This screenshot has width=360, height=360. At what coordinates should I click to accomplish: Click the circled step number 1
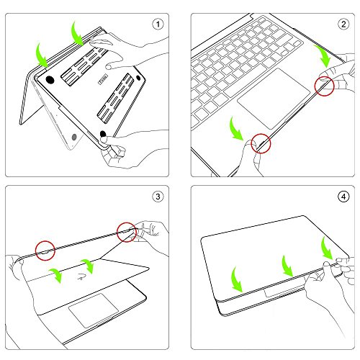(158, 24)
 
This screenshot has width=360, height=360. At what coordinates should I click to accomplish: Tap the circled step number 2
(343, 24)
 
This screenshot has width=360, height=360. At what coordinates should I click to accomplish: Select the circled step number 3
(158, 197)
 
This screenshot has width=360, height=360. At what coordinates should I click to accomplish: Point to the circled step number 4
(343, 197)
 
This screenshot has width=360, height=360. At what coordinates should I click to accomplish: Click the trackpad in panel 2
(274, 99)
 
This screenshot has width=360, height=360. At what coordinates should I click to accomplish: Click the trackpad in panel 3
(94, 310)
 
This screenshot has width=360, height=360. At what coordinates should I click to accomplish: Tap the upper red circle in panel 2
(325, 86)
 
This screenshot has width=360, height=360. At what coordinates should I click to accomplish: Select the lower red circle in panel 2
(261, 143)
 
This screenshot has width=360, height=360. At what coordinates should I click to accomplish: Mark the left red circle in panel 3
(45, 251)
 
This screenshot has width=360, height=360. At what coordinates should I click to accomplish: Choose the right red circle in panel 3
(127, 232)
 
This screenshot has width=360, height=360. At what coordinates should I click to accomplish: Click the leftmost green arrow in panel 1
(41, 56)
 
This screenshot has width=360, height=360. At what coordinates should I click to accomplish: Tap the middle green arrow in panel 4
(287, 267)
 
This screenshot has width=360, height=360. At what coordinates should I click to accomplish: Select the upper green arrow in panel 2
(323, 55)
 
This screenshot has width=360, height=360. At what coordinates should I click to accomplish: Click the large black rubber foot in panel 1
(50, 80)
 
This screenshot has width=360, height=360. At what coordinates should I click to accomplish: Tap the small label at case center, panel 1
(103, 80)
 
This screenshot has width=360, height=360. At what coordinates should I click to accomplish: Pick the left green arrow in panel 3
(56, 275)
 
